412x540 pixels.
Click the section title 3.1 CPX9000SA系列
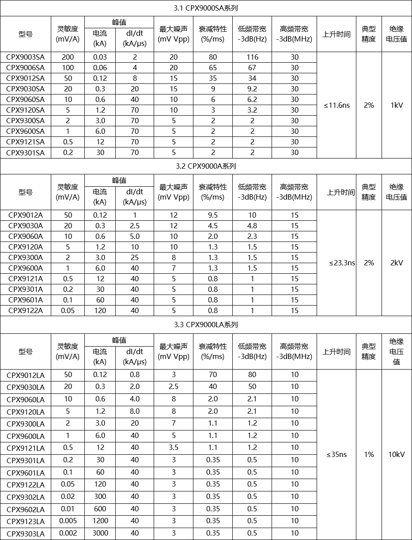pos(206,8)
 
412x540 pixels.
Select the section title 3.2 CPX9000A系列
pos(206,166)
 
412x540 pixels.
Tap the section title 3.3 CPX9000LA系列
pos(206,325)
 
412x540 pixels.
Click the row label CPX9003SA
pos(26,57)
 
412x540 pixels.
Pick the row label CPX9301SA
pos(26,152)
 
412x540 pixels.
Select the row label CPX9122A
pos(26,310)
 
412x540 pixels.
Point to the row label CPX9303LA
pos(26,533)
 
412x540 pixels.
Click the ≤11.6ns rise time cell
pos(337,105)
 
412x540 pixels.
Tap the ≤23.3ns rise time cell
pos(342,263)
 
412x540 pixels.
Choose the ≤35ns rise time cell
pos(337,454)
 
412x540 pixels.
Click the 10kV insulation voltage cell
pos(397,454)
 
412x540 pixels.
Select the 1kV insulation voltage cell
pos(397,105)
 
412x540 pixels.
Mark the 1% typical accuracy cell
pos(369,454)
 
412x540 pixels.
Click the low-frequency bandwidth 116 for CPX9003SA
pos(252,57)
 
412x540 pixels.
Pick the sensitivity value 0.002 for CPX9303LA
pos(68,533)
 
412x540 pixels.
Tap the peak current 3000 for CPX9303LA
pos(100,533)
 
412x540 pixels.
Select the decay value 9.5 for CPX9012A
pos(213,215)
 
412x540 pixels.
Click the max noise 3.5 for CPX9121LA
pos(174,447)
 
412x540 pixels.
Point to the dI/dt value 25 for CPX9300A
pos(135,257)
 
